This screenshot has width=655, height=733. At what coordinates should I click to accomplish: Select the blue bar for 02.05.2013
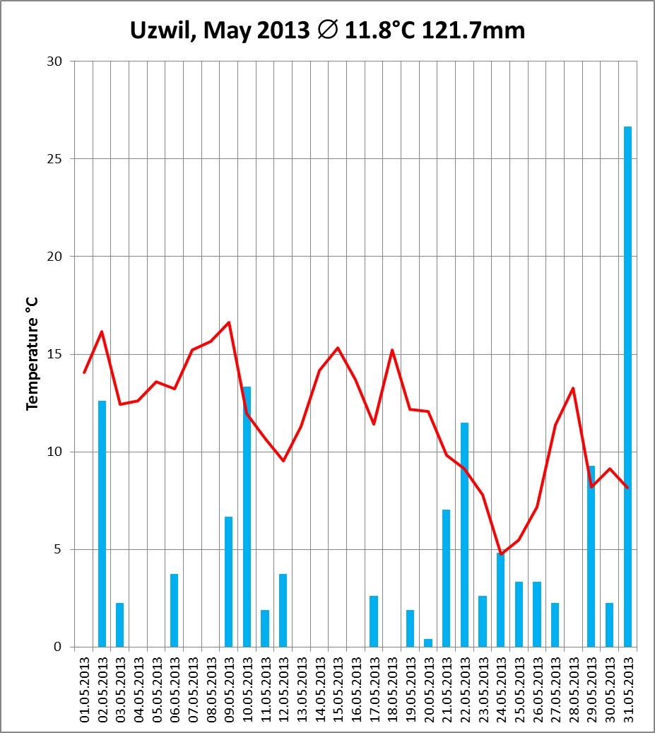point(102,524)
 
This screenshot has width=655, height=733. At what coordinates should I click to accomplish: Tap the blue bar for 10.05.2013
point(247,517)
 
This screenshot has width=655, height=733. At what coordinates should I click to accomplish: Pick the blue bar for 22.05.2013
point(464,534)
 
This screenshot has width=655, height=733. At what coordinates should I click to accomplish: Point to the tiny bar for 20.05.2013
point(428,643)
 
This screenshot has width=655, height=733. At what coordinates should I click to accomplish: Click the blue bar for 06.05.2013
point(174,610)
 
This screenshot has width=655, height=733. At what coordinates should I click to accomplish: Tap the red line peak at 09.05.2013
point(229,322)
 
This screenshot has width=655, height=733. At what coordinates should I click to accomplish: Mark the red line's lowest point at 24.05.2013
point(500,553)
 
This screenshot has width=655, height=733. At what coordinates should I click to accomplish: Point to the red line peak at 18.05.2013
point(391,350)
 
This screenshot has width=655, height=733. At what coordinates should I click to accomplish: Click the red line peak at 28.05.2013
point(573,387)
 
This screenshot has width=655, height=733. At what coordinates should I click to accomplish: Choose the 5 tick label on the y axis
point(59,549)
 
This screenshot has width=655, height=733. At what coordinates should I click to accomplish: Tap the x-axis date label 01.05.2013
point(84,689)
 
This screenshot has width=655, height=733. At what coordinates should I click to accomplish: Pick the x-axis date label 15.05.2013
point(338,689)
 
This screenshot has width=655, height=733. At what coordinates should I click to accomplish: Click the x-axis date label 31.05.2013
point(627,689)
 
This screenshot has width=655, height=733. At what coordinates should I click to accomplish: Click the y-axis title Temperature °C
point(31,353)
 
